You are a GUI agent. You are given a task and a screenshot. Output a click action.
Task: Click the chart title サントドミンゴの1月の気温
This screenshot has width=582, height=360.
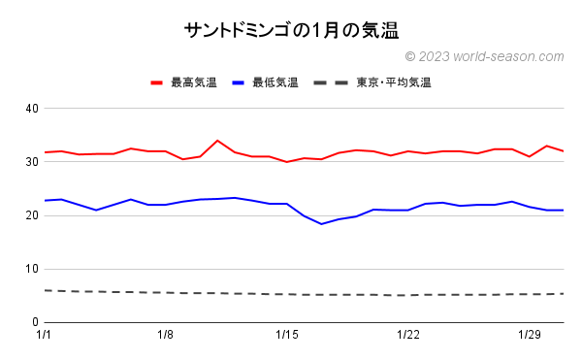point(291,30)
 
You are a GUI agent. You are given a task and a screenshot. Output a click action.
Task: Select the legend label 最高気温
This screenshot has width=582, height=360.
point(194,82)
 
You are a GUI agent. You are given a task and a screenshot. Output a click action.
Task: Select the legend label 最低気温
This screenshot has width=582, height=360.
point(275,82)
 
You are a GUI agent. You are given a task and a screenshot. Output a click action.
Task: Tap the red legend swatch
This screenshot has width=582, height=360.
point(157,82)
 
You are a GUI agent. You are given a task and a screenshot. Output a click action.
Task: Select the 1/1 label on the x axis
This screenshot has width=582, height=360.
point(44,336)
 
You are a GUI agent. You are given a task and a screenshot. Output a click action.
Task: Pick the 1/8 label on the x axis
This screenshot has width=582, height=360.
point(165,336)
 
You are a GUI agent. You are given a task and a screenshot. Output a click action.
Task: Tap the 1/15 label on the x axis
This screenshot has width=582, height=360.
point(287,336)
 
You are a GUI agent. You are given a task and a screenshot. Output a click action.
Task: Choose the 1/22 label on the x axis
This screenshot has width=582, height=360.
point(408,336)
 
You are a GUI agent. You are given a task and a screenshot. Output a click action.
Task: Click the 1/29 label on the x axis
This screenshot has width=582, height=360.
point(530,336)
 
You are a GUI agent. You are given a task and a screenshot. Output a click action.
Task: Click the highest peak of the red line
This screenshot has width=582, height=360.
point(217,141)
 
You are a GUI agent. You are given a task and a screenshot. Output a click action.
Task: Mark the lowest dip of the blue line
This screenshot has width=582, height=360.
point(322,224)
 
